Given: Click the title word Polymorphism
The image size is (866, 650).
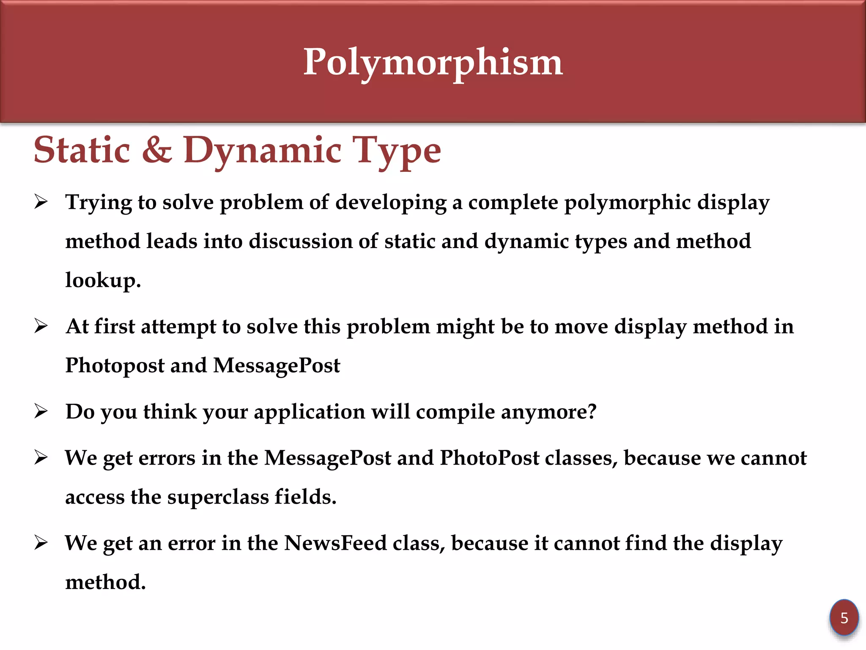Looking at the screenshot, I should click(x=433, y=63).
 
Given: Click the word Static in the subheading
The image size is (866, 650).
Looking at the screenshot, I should click(x=82, y=150).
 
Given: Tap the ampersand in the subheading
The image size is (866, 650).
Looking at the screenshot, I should click(x=157, y=150).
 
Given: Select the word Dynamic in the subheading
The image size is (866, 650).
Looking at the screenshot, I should click(x=262, y=151).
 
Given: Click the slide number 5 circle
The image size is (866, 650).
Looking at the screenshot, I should click(x=844, y=618).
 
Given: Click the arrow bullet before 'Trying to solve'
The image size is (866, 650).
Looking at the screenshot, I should click(x=41, y=202).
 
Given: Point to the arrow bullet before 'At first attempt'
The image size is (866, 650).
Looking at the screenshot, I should click(x=41, y=326).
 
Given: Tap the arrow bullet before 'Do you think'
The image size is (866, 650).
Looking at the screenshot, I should click(x=41, y=411).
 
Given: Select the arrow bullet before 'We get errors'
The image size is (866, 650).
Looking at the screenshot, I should click(x=41, y=457).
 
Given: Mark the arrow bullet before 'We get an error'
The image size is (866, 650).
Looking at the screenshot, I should click(x=41, y=543).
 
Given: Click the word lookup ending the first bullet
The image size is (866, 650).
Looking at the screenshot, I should click(x=103, y=280).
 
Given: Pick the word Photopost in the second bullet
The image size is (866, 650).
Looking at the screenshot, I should click(x=115, y=365).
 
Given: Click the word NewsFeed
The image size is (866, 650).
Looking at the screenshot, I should click(x=335, y=543).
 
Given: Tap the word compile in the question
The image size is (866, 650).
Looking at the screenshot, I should click(x=455, y=412).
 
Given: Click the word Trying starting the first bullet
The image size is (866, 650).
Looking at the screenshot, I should click(x=99, y=202).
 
